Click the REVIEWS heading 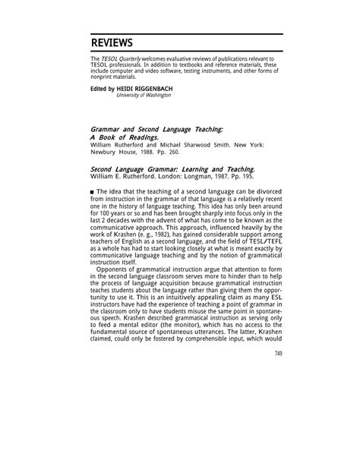tap(112, 42)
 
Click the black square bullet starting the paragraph tap(93, 199)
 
